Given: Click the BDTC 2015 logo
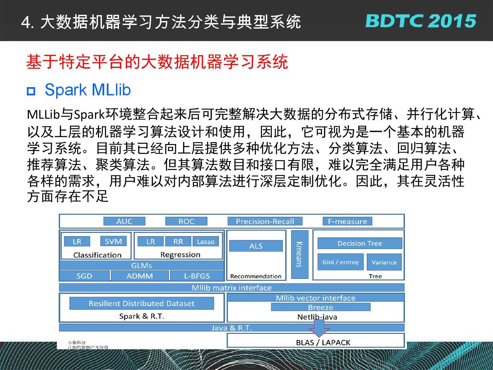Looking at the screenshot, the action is tap(420, 21).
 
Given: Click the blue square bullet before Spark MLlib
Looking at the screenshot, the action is tap(31, 91).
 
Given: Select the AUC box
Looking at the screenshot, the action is tap(124, 221).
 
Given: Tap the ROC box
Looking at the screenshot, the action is tap(186, 221).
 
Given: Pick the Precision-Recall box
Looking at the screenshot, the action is tap(265, 221).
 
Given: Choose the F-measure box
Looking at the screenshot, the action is tap(347, 221).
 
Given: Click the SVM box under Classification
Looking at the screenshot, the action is tap(113, 241).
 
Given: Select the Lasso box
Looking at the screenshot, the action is tap(205, 241).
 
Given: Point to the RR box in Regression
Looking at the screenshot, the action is tap(178, 241).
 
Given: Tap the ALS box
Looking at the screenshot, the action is tap(256, 246).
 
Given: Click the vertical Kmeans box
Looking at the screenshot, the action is tap(300, 254).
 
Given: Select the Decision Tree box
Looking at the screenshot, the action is tap(360, 243).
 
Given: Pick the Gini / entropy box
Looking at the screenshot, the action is tap(340, 262).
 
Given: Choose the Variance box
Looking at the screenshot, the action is tap(384, 262).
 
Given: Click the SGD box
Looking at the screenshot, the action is tap(84, 276).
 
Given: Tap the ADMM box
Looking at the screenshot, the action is tap(140, 276).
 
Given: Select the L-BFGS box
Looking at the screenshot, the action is tap(197, 276).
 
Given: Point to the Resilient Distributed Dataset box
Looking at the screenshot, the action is tap(142, 303).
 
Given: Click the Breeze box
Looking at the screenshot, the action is tap(320, 307).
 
